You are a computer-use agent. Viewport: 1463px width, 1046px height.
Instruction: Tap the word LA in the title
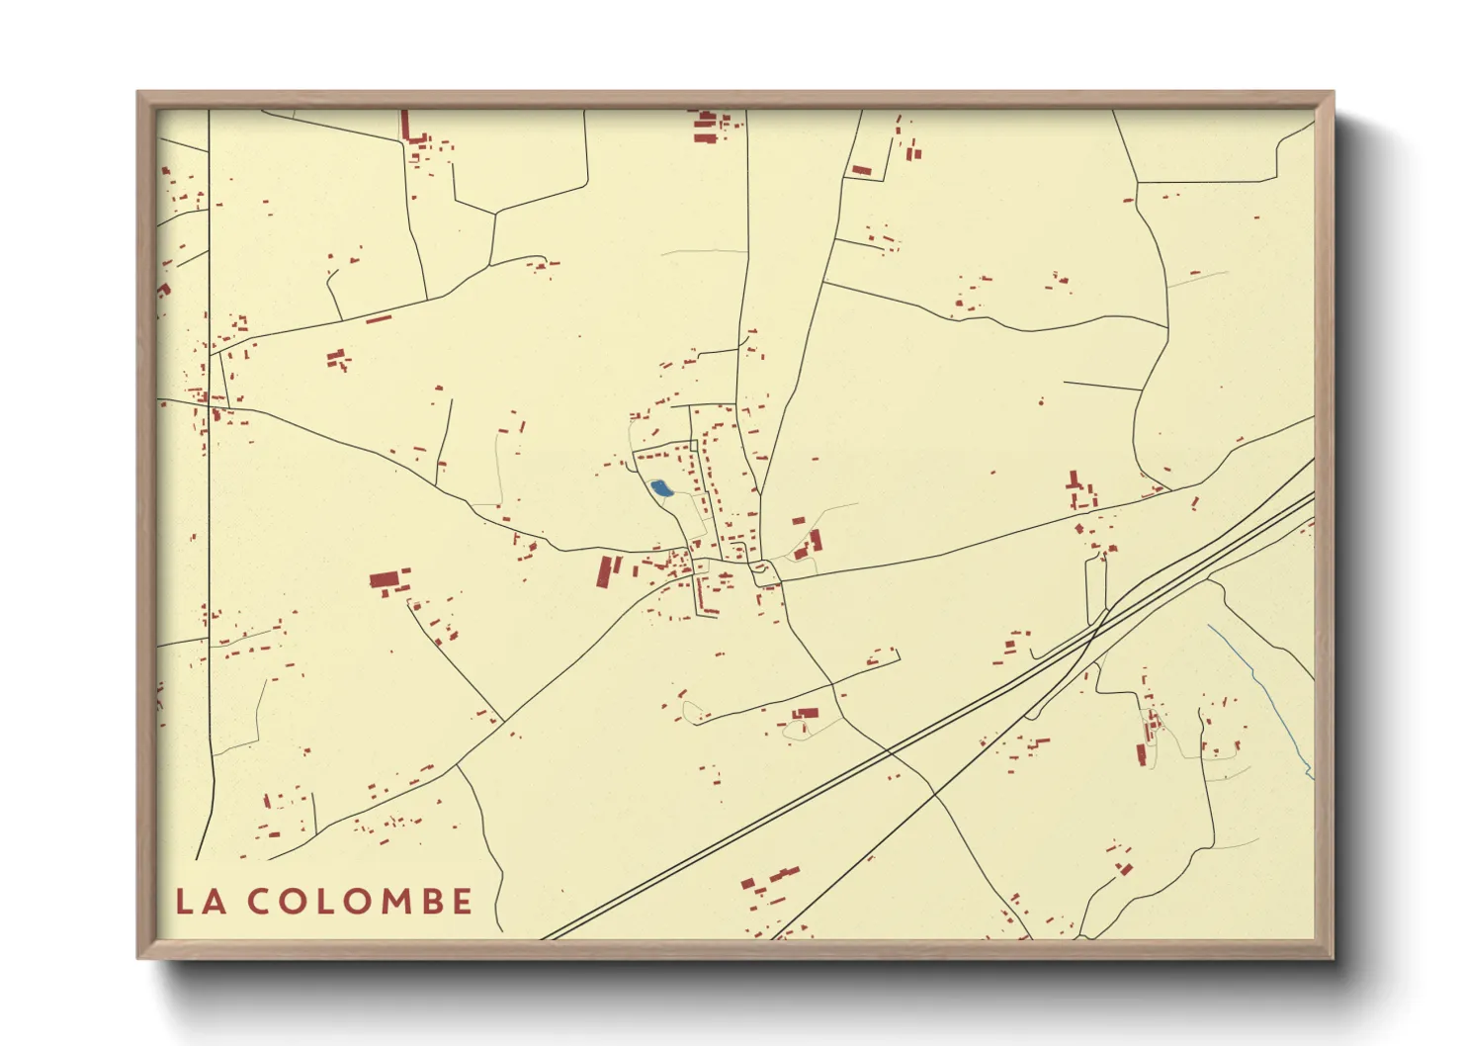200,902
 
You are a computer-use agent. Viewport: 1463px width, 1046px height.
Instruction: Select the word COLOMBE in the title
360,902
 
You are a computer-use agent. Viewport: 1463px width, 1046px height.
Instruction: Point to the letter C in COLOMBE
259,902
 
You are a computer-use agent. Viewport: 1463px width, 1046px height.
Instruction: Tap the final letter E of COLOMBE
462,902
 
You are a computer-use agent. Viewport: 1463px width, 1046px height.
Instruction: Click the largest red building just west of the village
388,578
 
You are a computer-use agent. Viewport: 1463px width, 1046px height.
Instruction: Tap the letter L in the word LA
184,902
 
